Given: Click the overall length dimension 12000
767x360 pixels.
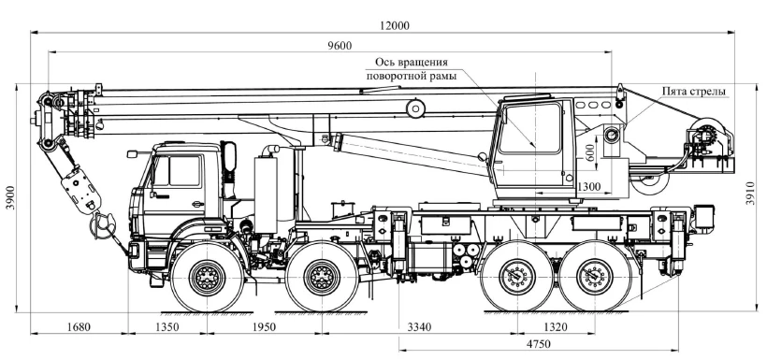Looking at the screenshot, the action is (x=395, y=26).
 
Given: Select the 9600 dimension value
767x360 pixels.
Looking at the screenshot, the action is (x=340, y=46).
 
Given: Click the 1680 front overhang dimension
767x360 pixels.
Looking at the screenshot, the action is (x=79, y=326).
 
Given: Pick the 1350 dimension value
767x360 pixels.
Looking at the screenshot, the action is (x=167, y=326).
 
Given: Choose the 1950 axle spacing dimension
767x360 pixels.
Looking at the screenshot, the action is (x=264, y=326).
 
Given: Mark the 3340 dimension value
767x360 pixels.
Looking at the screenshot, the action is (x=420, y=326).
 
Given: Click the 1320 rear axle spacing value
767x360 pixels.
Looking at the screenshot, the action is (x=556, y=326).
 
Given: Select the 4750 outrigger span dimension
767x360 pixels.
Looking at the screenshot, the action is (x=539, y=344).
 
